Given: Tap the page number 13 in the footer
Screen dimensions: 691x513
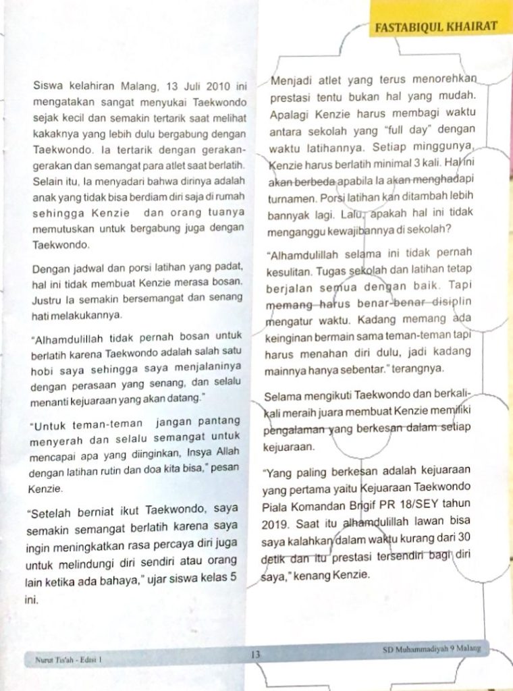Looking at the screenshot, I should [256, 654].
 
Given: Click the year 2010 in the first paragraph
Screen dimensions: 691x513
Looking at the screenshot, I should [215, 87].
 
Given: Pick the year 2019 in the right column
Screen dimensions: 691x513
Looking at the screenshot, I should [275, 522].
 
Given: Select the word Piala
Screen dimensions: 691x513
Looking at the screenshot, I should [276, 504].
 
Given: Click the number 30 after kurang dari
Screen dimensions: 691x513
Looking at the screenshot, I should [464, 539].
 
